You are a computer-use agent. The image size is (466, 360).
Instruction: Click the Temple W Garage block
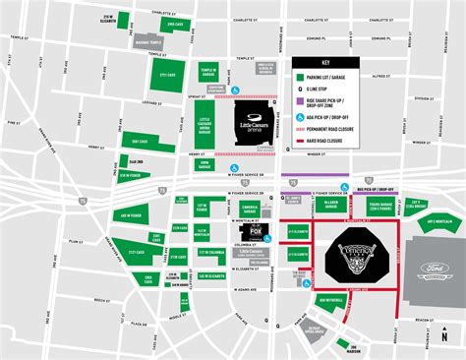point(208,75)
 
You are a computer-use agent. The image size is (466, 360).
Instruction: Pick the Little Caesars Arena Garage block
point(204,126)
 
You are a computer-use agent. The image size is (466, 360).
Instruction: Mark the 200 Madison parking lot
point(343,344)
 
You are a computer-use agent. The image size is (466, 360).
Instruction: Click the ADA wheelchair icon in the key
point(297,114)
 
